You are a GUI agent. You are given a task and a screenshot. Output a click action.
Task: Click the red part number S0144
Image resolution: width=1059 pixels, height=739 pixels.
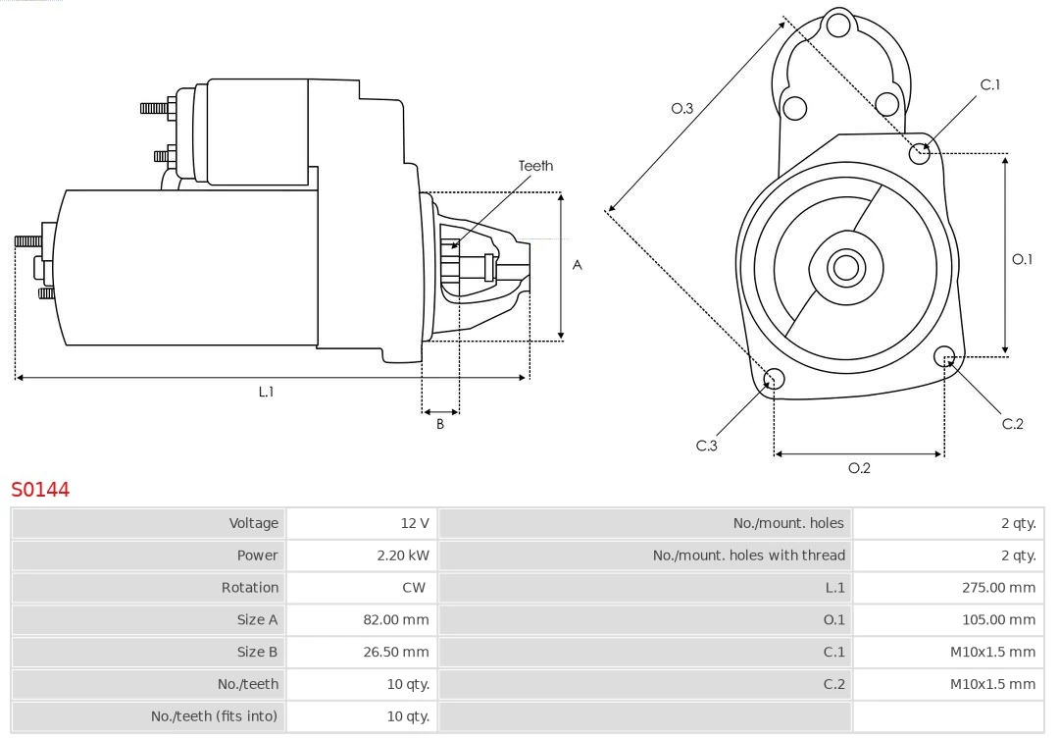pos(40,489)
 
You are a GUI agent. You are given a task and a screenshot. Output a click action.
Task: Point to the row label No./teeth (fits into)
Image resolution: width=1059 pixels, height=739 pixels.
pos(215,716)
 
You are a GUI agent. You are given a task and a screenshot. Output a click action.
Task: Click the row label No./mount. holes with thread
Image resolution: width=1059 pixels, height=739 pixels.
pos(748,555)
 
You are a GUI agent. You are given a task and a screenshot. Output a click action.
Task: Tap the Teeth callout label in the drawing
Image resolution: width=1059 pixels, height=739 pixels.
pos(535,166)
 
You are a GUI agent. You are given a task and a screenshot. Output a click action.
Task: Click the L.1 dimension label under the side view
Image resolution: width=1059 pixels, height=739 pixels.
pos(266,392)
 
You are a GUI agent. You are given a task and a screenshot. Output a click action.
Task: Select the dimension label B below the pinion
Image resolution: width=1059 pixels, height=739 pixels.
pos(440,425)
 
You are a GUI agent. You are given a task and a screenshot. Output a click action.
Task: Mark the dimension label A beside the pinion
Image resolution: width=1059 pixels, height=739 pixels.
pos(577,265)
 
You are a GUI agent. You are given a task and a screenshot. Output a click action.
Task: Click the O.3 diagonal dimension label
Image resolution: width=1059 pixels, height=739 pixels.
pos(681,109)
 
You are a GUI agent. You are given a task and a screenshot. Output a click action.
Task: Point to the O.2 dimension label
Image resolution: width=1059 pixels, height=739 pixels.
pos(859,468)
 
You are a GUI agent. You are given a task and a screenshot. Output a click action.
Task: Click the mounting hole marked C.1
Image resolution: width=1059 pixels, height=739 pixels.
pos(919,152)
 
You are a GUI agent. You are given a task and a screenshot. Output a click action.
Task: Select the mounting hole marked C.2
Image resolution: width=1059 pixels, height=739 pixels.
pos(944,355)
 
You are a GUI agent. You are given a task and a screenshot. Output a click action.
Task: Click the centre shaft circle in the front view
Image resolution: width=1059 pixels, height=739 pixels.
pos(844,267)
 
